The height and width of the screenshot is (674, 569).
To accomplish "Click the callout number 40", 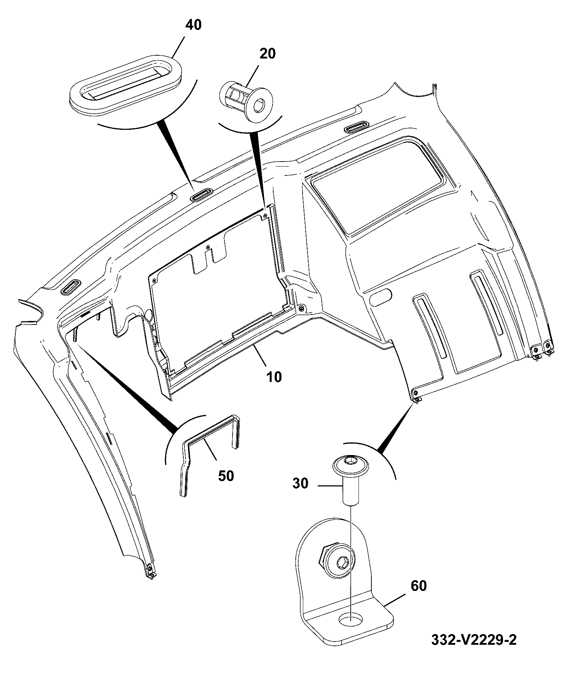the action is [x=193, y=25].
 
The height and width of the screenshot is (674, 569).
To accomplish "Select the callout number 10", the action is [x=273, y=377].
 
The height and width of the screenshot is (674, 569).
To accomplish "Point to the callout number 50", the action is [x=226, y=476].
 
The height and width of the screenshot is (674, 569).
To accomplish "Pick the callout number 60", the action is [x=418, y=586].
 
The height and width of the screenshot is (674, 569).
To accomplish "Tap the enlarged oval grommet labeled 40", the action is [x=126, y=84].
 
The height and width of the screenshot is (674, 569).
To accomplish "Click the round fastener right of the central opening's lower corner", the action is [x=302, y=307].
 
